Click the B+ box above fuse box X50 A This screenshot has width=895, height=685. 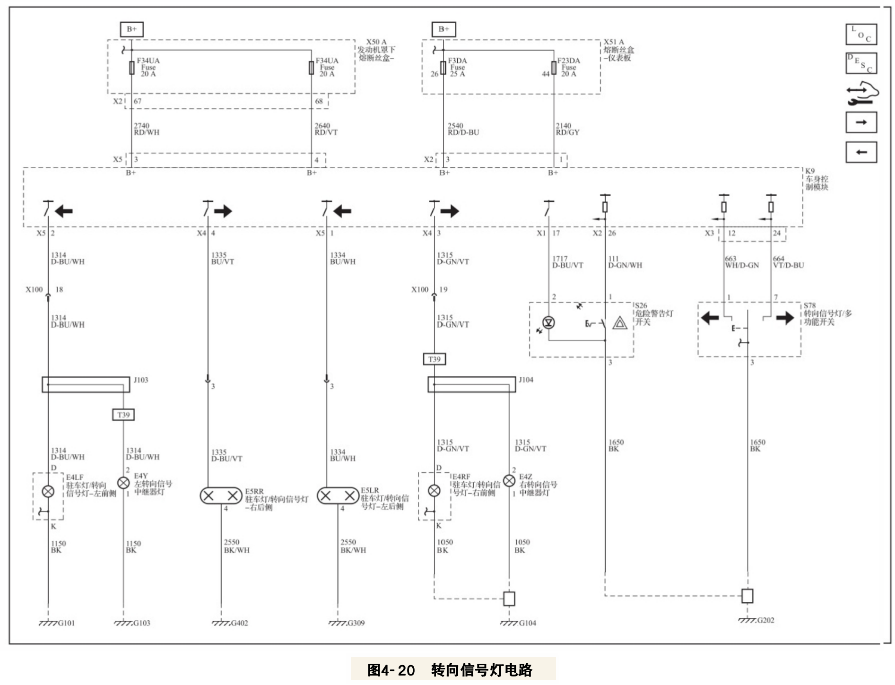(x=131, y=29)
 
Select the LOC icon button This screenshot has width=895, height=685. (x=861, y=35)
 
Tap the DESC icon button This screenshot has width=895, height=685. (x=861, y=63)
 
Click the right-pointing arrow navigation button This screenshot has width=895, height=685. (x=861, y=122)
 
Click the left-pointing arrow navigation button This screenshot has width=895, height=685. (x=861, y=152)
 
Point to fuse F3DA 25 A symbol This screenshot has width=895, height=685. (x=443, y=68)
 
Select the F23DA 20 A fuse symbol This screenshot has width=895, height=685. (x=554, y=68)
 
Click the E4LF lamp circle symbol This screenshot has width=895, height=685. (x=48, y=491)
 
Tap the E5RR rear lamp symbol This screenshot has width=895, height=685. (x=221, y=496)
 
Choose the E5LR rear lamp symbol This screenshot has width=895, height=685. (x=338, y=496)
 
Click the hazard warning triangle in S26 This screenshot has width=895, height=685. (x=619, y=323)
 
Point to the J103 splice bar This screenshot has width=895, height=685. (x=86, y=384)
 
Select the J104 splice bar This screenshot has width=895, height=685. (x=471, y=384)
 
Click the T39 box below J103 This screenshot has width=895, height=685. (x=123, y=415)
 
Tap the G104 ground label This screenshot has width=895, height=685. (x=527, y=623)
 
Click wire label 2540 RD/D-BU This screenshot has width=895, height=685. (x=463, y=129)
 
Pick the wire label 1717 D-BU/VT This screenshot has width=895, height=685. (x=567, y=262)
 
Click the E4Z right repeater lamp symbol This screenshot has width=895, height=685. (x=509, y=481)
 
